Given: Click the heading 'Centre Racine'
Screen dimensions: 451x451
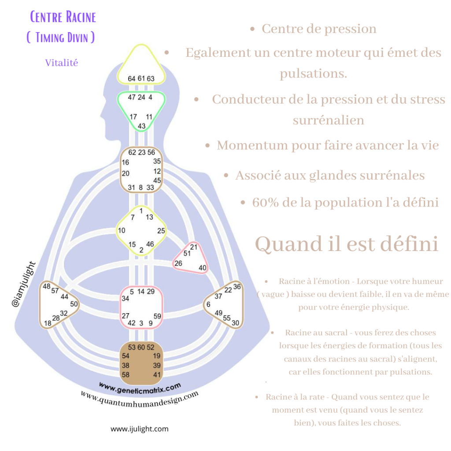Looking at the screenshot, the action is pos(63,17).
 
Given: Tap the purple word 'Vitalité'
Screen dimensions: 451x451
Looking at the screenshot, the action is pos(62,63).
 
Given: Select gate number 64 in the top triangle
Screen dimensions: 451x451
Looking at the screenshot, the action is pos(131,78).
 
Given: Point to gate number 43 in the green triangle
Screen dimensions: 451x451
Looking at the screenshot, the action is pos(141,126).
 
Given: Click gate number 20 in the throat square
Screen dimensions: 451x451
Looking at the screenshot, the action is pos(126,174).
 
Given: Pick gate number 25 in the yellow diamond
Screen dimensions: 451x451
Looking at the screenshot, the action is pos(161,231).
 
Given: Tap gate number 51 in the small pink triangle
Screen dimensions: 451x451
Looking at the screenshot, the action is pos(187,253).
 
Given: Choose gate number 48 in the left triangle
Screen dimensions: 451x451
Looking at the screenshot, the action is pos(47,286).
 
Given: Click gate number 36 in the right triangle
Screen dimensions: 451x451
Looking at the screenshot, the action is pos(237,286).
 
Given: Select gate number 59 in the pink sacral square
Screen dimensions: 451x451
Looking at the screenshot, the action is pos(157,316).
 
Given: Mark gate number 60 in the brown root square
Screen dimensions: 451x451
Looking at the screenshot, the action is pos(141,347).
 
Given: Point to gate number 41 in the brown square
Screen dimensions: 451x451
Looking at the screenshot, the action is pos(157,375).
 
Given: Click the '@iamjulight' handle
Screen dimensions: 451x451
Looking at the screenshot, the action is pos(24,284).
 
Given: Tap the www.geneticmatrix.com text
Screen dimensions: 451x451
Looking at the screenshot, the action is pos(140,388).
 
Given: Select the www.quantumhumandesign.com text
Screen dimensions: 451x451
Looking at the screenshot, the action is pos(140,399).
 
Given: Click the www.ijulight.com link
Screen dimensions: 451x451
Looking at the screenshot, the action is pos(140,429).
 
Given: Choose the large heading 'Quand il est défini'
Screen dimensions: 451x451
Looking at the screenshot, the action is pos(347,244).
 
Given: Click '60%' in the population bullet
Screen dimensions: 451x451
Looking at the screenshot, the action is pos(266,203).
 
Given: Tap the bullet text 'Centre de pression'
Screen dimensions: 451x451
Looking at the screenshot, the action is pos(319,29).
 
